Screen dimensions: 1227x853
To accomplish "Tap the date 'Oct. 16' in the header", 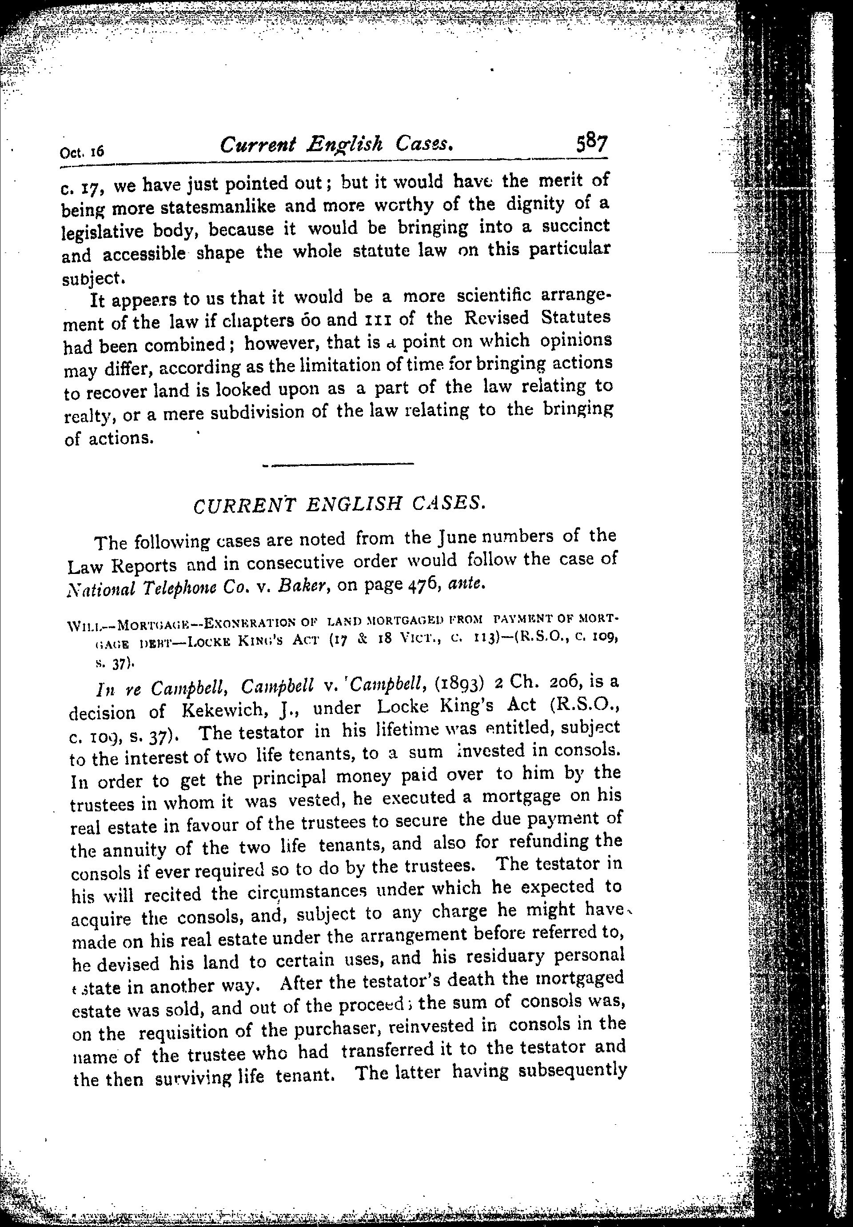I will point(82,152).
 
